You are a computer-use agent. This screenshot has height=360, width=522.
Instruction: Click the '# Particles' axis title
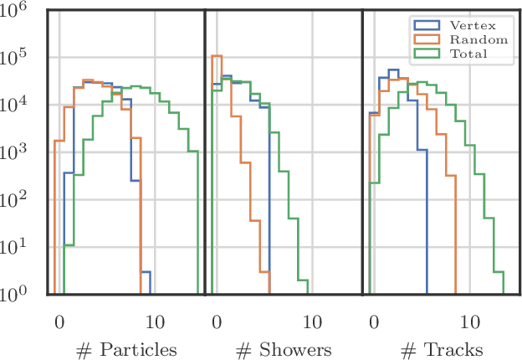[125, 349]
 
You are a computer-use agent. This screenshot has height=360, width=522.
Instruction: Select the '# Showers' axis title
[283, 349]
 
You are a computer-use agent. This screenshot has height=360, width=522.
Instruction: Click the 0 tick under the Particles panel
[59, 321]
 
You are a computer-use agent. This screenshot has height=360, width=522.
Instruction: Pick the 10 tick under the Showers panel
[313, 321]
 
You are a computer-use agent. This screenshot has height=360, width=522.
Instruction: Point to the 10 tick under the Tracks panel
[470, 321]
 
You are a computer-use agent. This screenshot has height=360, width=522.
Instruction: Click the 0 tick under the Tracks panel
[374, 321]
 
